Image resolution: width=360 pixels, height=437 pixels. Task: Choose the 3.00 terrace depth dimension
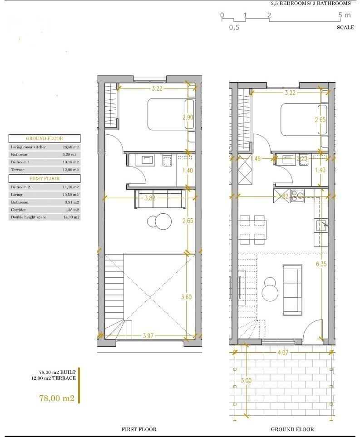pos(246,381)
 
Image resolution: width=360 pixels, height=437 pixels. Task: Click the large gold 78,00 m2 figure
pos(57,398)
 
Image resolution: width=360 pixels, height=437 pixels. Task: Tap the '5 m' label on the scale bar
pos(345,15)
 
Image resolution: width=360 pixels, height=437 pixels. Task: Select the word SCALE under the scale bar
pos(345,27)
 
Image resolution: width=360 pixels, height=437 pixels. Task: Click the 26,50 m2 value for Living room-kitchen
pos(70,147)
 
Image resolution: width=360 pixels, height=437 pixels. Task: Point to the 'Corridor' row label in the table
pos(18,210)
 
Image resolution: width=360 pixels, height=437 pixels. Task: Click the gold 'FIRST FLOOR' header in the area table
pos(44,179)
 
